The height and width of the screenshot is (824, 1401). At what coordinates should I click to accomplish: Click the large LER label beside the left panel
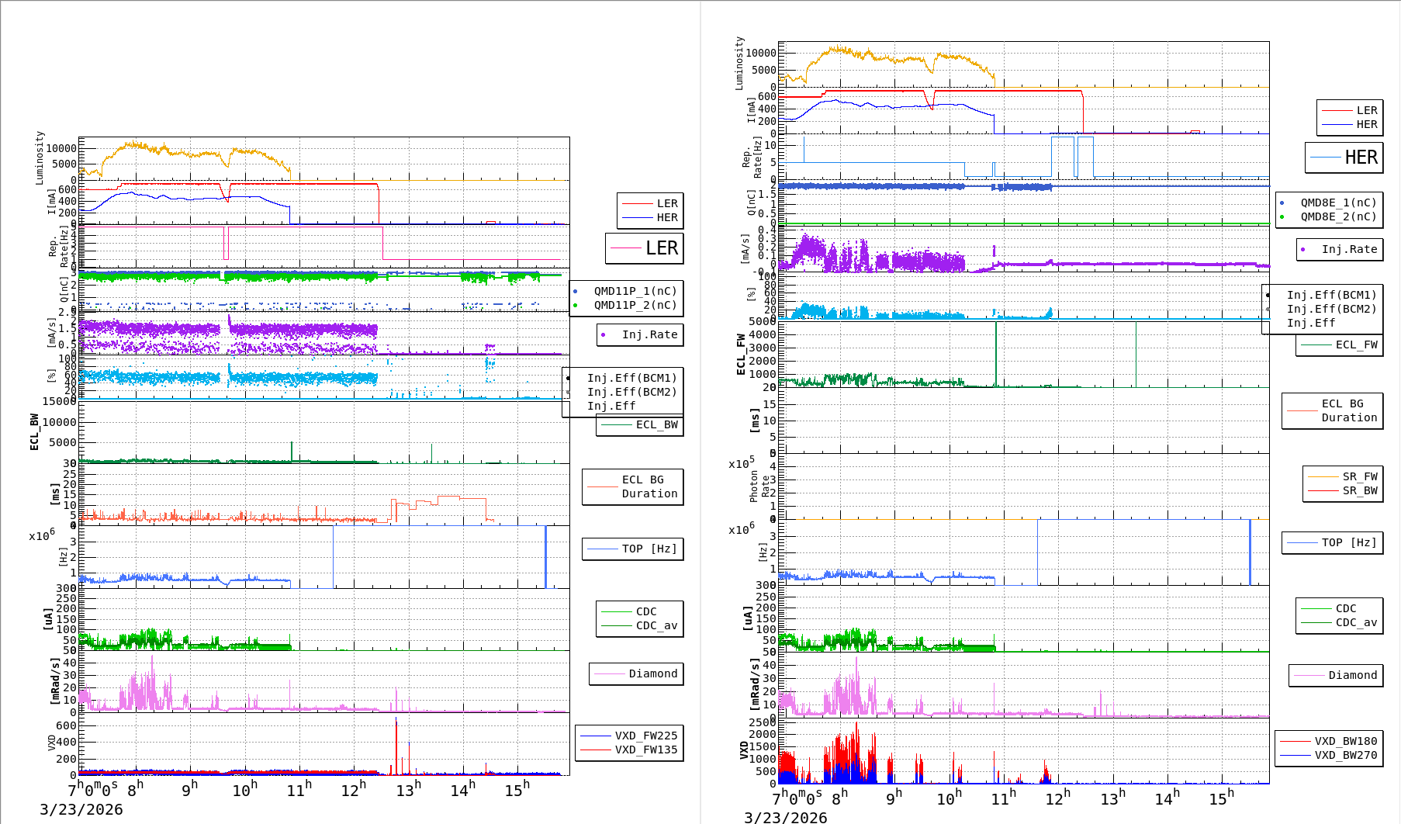[x=662, y=248]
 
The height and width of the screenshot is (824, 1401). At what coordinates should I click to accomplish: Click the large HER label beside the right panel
[x=1361, y=158]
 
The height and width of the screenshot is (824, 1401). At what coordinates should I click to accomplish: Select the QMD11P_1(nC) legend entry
[x=635, y=291]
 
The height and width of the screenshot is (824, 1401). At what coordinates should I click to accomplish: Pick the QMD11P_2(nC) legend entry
[x=635, y=305]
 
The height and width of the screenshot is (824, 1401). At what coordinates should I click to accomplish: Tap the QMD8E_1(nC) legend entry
[x=1338, y=203]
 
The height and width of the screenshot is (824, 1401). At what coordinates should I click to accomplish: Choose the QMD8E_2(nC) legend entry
[x=1338, y=216]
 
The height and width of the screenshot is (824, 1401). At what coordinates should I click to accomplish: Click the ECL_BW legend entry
[x=656, y=424]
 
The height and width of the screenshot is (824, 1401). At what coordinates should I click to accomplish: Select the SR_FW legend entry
[x=1360, y=476]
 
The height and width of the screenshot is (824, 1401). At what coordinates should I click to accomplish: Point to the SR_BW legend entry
[x=1360, y=490]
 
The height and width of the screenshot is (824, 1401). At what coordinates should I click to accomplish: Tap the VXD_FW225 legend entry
[x=645, y=736]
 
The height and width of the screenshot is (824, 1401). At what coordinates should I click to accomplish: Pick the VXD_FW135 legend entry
[x=645, y=750]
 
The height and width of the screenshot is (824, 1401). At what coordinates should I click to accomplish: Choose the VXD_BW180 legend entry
[x=1345, y=741]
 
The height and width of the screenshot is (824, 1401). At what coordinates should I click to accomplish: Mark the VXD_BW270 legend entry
[x=1345, y=755]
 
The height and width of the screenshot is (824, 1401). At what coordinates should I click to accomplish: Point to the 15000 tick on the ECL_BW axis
[x=59, y=401]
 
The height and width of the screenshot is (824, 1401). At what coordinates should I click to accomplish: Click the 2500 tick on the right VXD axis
[x=762, y=722]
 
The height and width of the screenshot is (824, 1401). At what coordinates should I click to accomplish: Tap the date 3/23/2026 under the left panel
[x=81, y=809]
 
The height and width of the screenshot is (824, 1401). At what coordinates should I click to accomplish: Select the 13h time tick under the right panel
[x=1112, y=798]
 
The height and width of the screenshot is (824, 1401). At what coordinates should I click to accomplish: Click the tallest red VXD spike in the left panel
[x=396, y=722]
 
